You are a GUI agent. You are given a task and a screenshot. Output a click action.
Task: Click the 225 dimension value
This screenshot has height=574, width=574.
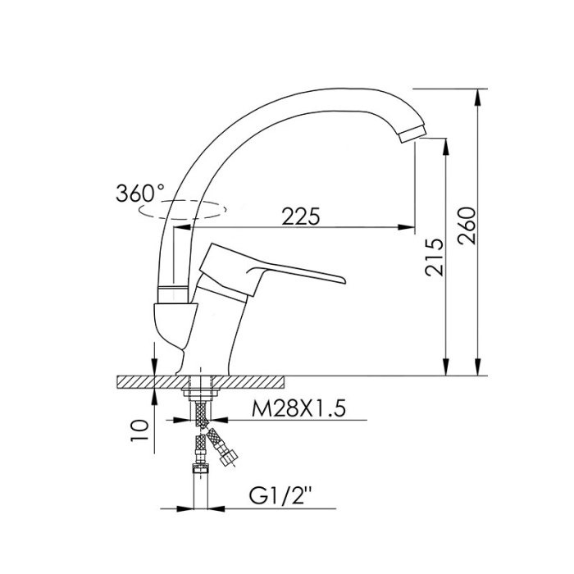[301, 216]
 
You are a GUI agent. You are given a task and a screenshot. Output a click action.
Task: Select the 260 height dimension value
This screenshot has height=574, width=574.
[467, 225]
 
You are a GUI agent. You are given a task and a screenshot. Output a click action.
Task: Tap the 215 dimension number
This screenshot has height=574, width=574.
[434, 257]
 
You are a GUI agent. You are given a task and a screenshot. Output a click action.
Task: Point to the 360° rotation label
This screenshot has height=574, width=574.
[140, 194]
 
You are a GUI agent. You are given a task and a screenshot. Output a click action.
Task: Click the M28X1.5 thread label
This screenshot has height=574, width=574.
[298, 408]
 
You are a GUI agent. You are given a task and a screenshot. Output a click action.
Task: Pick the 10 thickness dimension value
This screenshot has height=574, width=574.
[140, 430]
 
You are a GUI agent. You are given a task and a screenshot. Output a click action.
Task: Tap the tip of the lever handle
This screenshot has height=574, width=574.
[344, 280]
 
